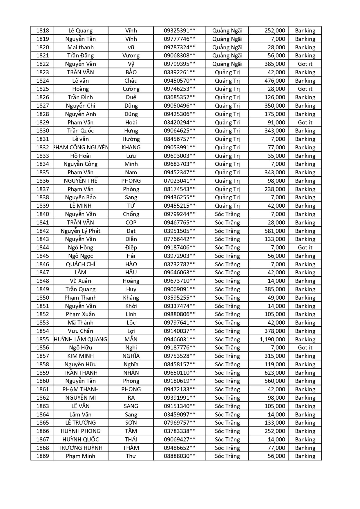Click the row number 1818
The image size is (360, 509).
pos(43,30)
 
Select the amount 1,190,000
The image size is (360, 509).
pos(272,339)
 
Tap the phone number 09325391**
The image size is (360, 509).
pos(180,30)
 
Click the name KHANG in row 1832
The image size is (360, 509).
pos(131,147)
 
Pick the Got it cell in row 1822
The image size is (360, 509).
pos(305,64)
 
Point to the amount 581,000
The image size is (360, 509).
pos(274,231)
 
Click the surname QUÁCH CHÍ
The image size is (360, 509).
pos(81,264)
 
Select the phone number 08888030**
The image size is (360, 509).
pos(180,456)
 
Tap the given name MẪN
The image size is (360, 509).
pos(131,339)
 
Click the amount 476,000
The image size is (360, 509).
pos(274,81)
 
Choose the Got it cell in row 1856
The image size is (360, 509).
pos(305,347)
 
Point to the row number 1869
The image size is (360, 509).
pos(43,456)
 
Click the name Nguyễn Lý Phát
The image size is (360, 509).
pos(81,231)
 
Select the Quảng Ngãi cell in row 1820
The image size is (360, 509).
pos(227,47)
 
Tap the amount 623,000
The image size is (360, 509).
pos(274,373)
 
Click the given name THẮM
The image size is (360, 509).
pos(131,448)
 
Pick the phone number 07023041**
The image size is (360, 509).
pos(180,181)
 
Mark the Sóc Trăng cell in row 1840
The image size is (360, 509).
pos(227,214)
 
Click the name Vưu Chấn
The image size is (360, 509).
pos(81,331)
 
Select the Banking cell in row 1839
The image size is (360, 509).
pos(305,206)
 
